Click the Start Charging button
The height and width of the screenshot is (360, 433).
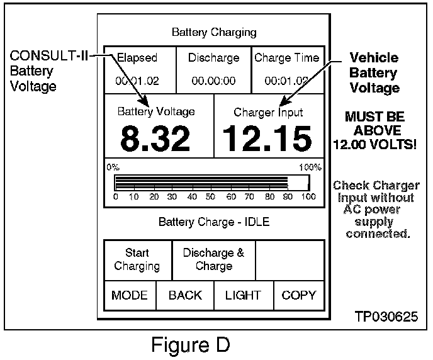[137, 259]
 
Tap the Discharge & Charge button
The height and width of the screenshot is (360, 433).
[213, 259]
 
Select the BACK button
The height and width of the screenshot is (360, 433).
[185, 295]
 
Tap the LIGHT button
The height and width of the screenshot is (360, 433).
[243, 295]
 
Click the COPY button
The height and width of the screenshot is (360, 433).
[299, 295]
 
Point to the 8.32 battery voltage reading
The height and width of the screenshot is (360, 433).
[155, 138]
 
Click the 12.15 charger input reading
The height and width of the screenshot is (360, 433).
[267, 138]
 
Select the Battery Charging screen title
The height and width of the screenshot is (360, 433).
[214, 32]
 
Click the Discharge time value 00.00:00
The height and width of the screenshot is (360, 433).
[213, 81]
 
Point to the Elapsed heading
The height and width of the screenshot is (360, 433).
[137, 58]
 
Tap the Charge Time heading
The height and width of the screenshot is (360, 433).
[286, 58]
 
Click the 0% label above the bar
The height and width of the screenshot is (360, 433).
[113, 167]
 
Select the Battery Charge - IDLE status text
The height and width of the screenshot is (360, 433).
[213, 222]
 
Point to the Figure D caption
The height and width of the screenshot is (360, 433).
[189, 344]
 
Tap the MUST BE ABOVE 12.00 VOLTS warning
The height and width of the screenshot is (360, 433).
[375, 130]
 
